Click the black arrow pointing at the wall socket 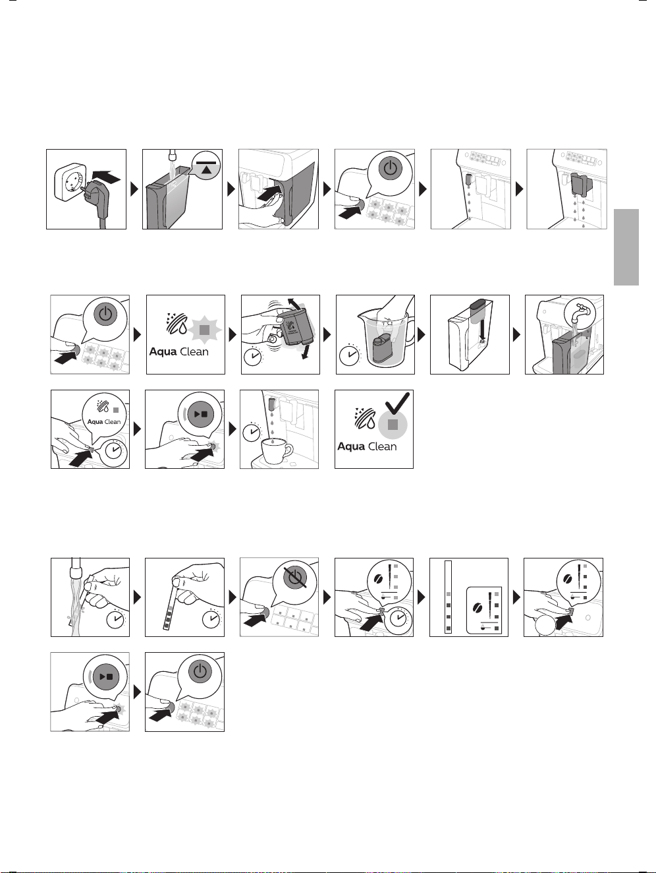click(105, 177)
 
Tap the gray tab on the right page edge click(626, 247)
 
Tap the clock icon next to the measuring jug click(350, 355)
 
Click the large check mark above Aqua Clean click(397, 404)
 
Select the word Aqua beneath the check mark click(351, 446)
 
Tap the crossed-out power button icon click(294, 577)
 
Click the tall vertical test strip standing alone click(449, 597)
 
